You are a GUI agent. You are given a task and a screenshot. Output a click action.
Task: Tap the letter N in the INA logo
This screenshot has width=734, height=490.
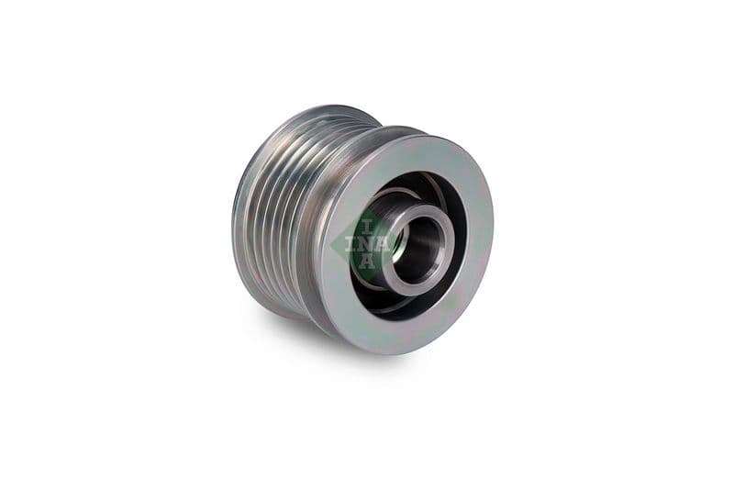tap(365, 243)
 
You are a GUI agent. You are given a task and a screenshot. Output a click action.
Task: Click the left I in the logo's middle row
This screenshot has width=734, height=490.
tap(350, 243)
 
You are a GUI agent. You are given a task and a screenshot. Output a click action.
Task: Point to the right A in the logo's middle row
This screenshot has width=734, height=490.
tap(380, 243)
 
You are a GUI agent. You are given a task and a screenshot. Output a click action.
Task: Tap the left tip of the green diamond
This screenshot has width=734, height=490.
tap(345, 244)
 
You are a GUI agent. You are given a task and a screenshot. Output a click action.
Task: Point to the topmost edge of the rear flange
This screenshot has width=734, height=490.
tap(330, 106)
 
